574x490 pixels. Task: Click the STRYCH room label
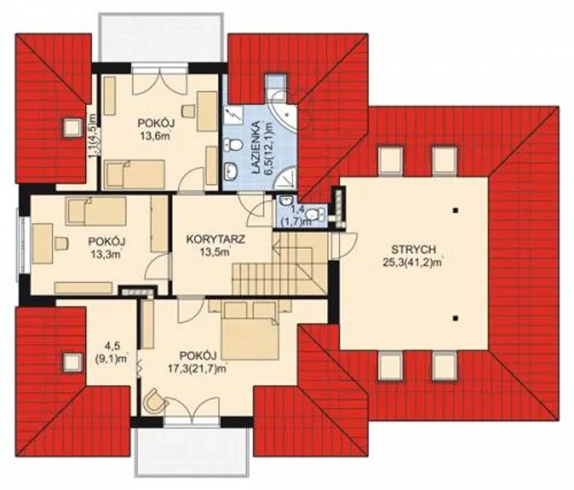[413, 249]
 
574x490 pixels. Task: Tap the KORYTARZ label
[216, 239]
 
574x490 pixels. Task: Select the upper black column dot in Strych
[455, 211]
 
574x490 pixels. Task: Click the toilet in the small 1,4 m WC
[316, 214]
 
